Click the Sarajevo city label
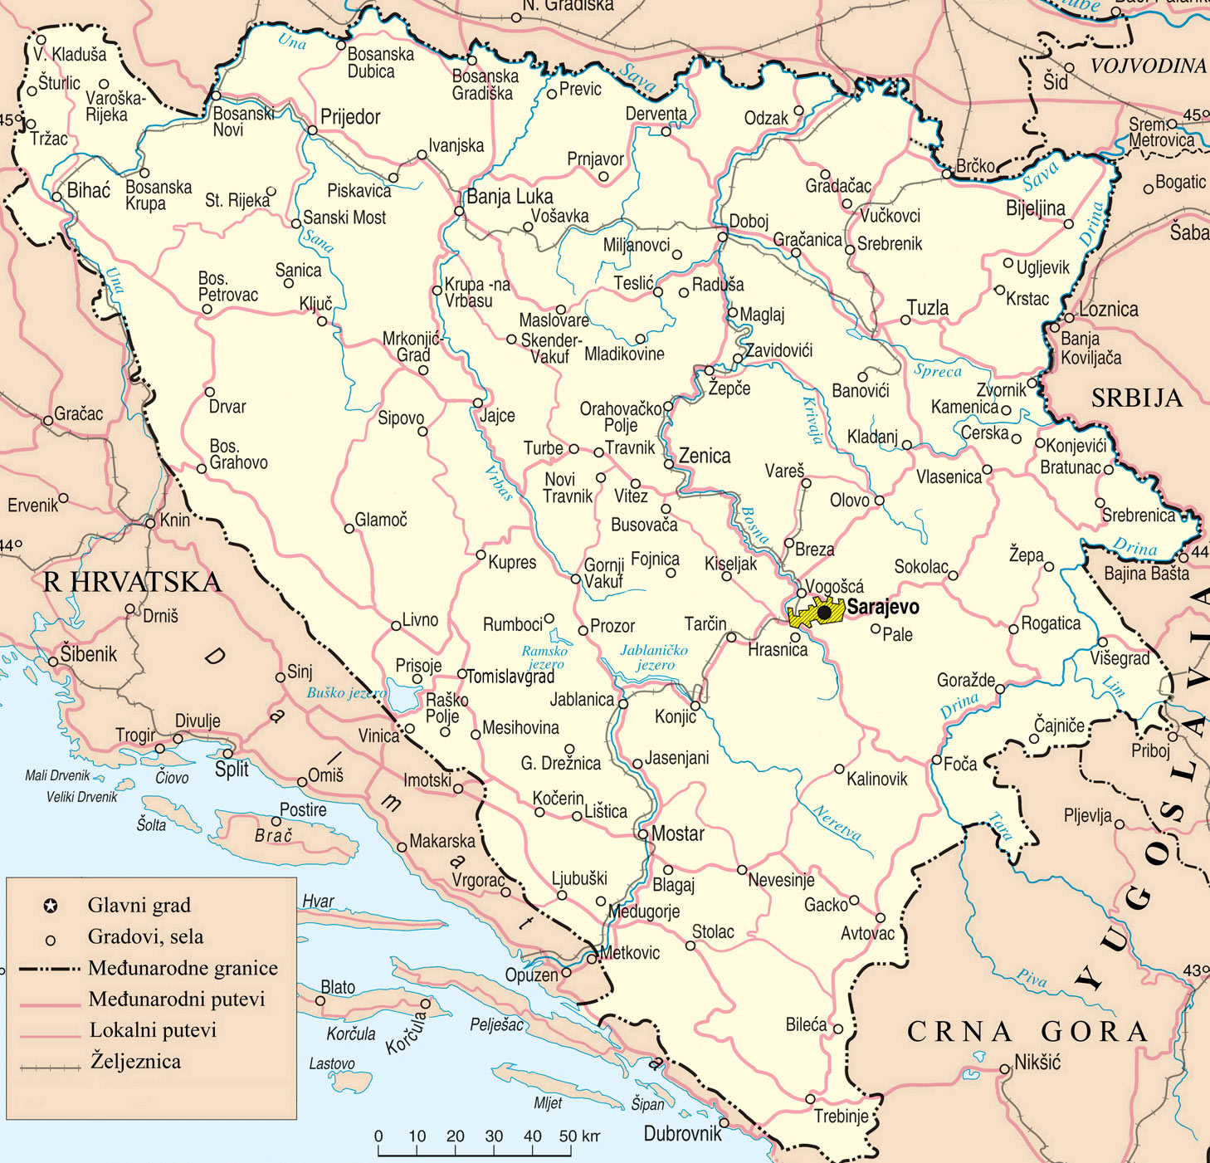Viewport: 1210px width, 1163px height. click(x=882, y=607)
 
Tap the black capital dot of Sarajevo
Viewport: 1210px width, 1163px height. click(x=824, y=613)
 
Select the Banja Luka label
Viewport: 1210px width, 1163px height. click(x=510, y=197)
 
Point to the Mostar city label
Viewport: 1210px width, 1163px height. click(x=677, y=834)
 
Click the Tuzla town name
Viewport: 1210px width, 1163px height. click(x=928, y=308)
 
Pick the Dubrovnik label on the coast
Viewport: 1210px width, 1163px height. click(x=682, y=1133)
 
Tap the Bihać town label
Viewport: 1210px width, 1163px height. click(x=88, y=190)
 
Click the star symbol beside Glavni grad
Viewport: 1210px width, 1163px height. click(x=51, y=906)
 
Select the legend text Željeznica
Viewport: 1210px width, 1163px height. click(x=135, y=1061)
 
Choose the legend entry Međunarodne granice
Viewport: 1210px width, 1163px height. click(x=183, y=968)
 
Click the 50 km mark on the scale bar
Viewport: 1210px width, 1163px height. click(x=568, y=1136)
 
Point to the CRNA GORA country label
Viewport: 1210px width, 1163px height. click(x=1027, y=1032)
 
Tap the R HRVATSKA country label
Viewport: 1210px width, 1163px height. click(x=132, y=582)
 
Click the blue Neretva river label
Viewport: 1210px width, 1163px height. click(x=837, y=822)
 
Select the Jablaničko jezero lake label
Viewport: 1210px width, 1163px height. click(x=654, y=657)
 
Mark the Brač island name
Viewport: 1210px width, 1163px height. click(x=273, y=836)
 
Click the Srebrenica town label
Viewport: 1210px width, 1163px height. click(x=1138, y=516)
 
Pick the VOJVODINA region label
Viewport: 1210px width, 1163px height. click(x=1148, y=66)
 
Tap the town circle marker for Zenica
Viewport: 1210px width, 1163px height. click(x=669, y=464)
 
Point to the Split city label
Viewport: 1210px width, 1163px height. click(x=232, y=769)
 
